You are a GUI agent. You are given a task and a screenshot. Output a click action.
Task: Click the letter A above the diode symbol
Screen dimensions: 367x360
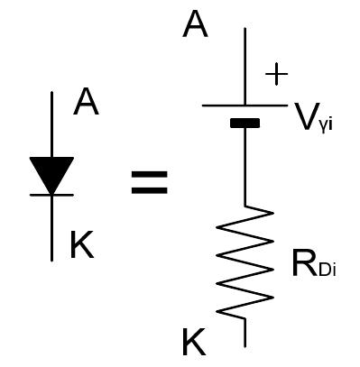point(86,104)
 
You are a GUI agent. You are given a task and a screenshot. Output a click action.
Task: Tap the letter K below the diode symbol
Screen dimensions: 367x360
point(82,245)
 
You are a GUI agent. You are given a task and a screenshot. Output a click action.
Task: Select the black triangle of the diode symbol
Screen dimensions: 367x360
point(51,174)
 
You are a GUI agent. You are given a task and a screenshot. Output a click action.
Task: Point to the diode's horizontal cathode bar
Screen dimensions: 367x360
point(51,195)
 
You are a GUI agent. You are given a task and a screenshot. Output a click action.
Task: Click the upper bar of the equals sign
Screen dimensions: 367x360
point(150,174)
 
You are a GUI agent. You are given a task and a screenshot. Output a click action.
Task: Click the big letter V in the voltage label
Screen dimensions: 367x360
point(304,113)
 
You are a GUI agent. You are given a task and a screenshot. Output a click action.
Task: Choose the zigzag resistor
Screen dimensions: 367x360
point(246,261)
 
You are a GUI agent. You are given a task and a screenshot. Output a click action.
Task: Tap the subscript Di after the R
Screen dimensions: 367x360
point(328,270)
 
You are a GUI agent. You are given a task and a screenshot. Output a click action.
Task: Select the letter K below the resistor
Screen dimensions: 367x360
point(194,342)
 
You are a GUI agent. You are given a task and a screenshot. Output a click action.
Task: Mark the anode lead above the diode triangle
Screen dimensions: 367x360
point(51,126)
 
